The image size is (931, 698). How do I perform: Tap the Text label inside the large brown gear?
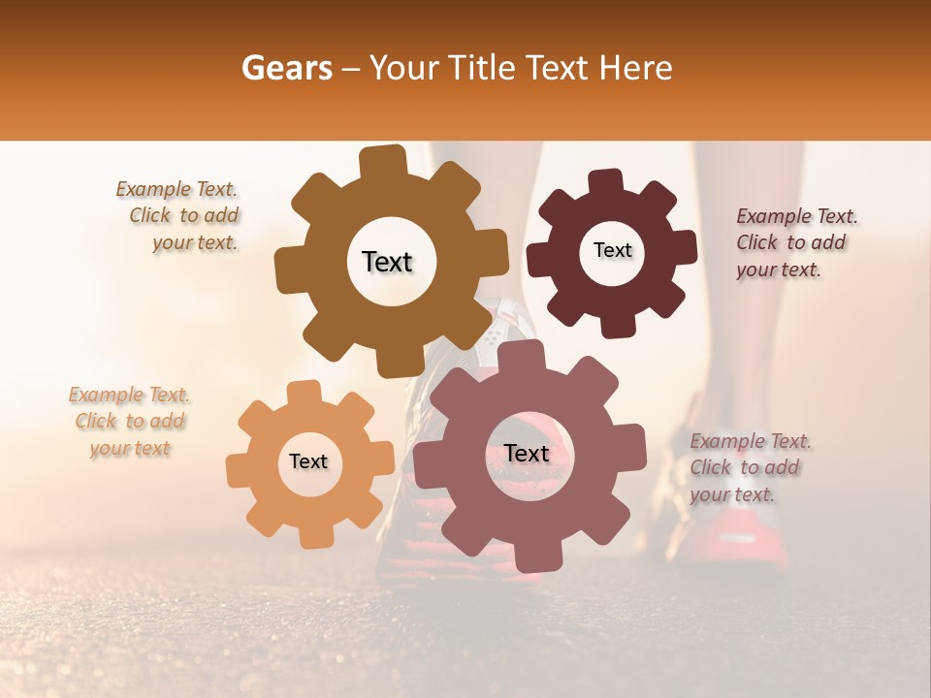pos(387,262)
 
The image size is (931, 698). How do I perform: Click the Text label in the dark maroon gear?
pos(612,250)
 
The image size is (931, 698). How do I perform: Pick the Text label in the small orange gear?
pos(308,461)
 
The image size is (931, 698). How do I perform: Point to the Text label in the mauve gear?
pos(527,453)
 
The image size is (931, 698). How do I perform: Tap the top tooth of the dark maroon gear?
pos(606,181)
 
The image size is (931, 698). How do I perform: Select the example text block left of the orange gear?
pos(130,421)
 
